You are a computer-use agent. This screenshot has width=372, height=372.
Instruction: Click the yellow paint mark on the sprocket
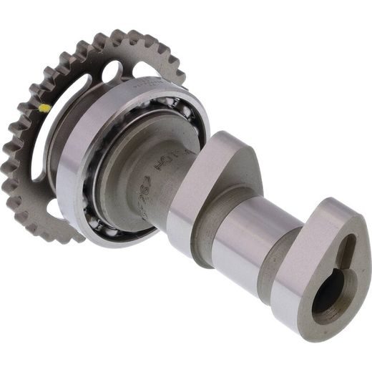point(45,109)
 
